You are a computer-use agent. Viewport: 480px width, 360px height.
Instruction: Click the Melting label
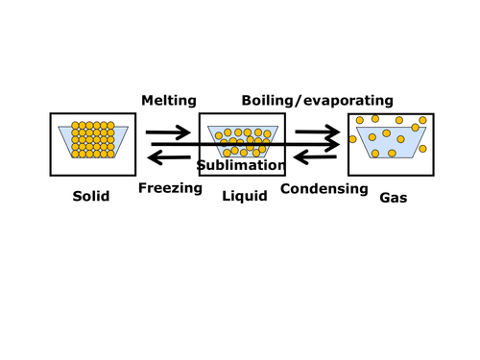coord(169,100)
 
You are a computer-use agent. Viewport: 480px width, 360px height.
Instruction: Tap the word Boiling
coord(269,100)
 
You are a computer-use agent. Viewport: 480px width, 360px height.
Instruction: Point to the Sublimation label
coord(242,165)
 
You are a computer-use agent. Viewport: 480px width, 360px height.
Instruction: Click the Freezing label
coord(170,188)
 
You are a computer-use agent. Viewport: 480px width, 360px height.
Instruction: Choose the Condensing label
coord(324,188)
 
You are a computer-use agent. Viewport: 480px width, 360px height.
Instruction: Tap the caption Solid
coord(91,197)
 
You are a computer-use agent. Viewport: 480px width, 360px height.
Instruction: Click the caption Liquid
coord(244,197)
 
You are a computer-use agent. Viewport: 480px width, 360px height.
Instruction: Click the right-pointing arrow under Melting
coord(168,132)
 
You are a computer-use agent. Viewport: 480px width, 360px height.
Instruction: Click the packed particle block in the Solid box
coord(92,139)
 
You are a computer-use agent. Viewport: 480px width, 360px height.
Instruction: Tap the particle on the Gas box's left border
coord(352,139)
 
